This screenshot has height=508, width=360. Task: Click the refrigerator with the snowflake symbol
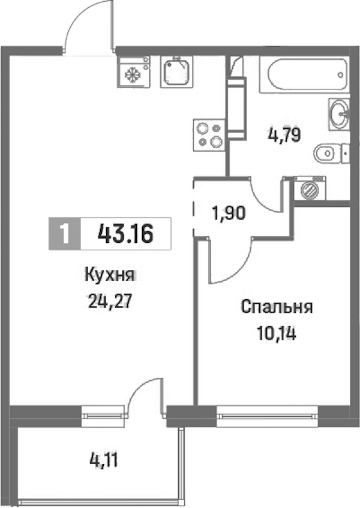point(134,71)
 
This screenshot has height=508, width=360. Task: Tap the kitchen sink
point(176,71)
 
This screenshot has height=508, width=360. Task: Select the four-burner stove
point(209,134)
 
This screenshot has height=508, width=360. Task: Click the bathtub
point(304,74)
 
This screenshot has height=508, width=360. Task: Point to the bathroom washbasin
point(339,114)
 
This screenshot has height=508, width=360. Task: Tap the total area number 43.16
point(125,233)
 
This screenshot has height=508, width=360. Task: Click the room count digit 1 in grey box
point(65,233)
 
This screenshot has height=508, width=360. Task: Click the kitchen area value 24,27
point(110,302)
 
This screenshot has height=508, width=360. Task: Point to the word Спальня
point(277,307)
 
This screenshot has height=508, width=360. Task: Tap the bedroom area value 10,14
point(277,333)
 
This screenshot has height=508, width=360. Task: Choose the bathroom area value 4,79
point(284,135)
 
